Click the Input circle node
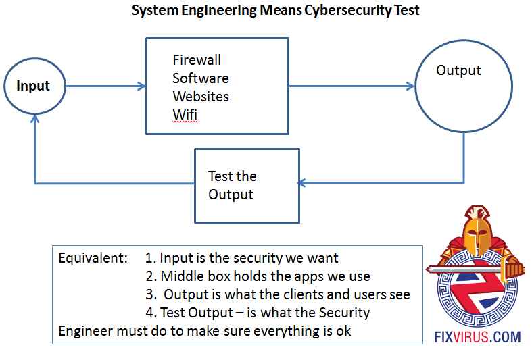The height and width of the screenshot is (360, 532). pos(34,86)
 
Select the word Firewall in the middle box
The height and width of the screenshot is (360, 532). pos(197,61)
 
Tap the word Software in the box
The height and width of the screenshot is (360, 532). pos(200,78)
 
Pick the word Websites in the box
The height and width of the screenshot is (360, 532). pos(201,97)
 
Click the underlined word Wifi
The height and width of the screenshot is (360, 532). pos(185,114)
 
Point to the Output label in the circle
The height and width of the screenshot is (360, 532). pos(458,70)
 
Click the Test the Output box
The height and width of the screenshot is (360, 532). pos(247,186)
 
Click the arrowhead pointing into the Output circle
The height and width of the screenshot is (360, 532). pos(410,86)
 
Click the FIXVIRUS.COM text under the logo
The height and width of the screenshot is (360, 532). pos(478,336)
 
